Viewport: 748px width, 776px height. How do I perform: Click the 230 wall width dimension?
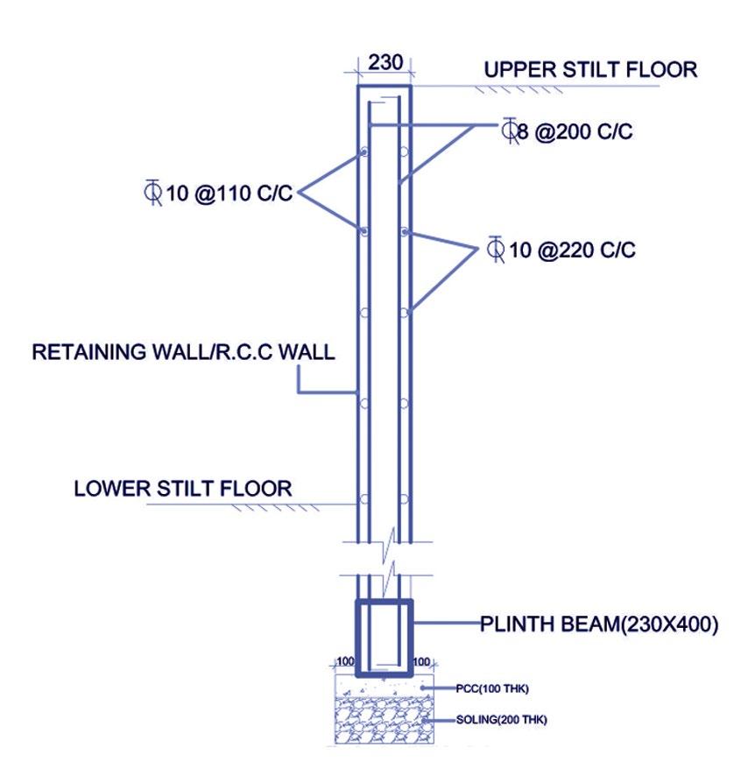[x=385, y=64]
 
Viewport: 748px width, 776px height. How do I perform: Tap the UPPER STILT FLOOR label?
[x=591, y=70]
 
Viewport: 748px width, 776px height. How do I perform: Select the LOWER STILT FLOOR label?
[x=183, y=487]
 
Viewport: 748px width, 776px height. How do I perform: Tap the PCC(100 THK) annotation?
[x=491, y=688]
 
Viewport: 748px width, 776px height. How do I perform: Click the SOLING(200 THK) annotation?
[x=497, y=720]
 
